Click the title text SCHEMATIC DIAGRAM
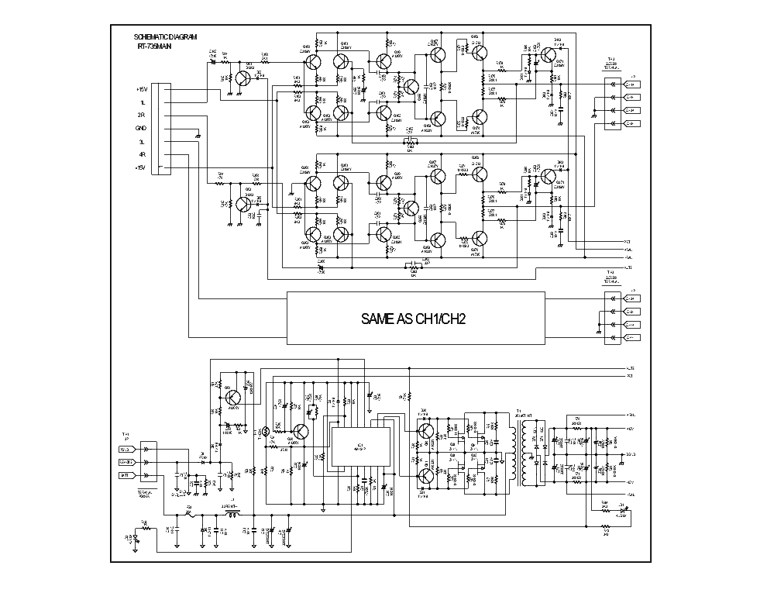coord(165,36)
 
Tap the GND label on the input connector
coord(140,128)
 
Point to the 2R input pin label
coord(141,115)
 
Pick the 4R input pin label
coord(141,154)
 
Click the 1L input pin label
coord(142,102)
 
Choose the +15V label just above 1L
coord(140,89)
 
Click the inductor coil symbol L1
coord(231,512)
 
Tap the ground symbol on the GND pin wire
coord(198,136)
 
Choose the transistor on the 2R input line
coord(243,204)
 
